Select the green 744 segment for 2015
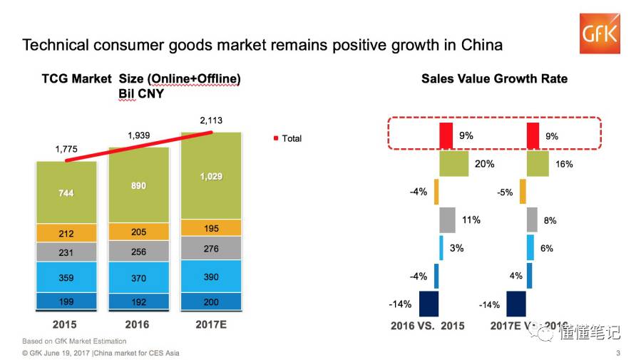66,193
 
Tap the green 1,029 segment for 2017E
212,176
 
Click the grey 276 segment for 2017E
212,249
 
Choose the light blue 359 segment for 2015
66,277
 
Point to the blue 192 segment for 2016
138,301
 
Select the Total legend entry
288,138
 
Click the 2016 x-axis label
138,325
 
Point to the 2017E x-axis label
211,325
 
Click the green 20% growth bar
453,163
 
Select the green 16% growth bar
538,163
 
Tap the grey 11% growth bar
447,220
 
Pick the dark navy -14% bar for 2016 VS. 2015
429,304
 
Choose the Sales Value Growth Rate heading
494,78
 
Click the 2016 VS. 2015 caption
428,326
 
